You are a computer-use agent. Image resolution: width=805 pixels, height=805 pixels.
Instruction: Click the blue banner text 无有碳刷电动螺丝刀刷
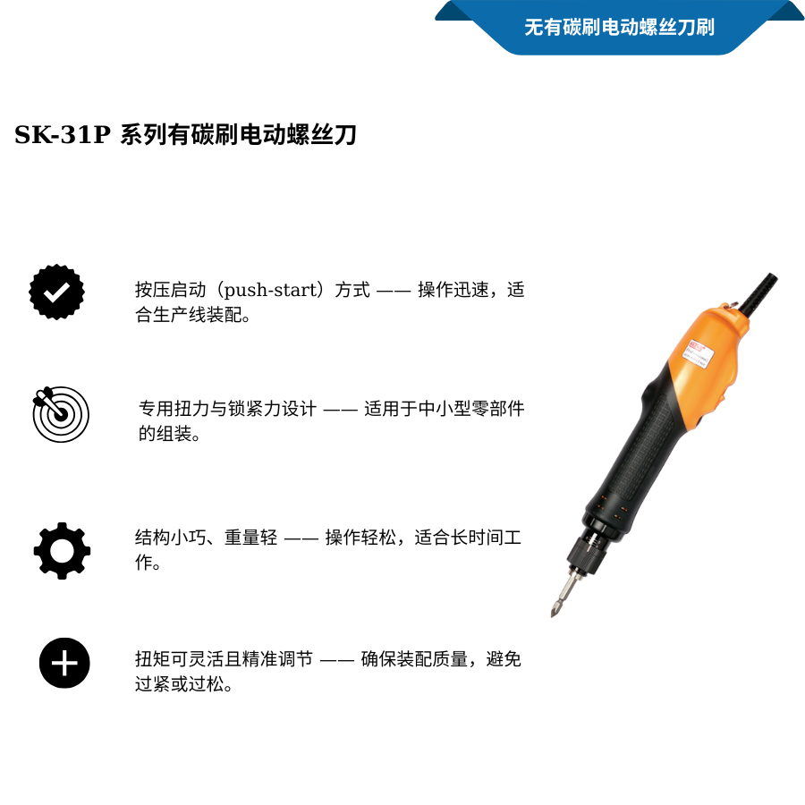coord(619,27)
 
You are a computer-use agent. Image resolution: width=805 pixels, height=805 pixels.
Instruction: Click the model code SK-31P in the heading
coord(62,136)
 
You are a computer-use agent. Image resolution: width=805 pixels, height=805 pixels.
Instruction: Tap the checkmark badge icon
coord(57,292)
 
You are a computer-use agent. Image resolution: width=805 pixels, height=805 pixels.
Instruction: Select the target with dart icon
coord(61,414)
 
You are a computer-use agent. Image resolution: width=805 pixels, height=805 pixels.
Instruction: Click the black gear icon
coord(62,550)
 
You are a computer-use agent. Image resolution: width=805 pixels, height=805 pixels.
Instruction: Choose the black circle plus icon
coord(64,664)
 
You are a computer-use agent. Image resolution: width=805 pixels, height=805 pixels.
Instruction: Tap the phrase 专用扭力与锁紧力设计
coord(227,410)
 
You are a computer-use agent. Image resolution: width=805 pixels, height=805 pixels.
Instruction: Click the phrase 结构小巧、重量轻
coord(206,538)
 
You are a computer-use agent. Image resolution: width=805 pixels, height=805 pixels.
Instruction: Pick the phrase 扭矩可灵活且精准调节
coord(224,660)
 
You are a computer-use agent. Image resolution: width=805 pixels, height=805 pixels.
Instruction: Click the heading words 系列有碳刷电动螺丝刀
coord(239,136)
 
